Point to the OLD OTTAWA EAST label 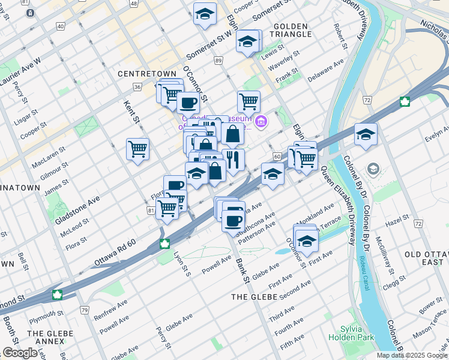(x=425, y=259)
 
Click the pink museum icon (x=261, y=123)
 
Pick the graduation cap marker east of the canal (x=365, y=135)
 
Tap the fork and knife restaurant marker (x=233, y=160)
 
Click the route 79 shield (x=85, y=310)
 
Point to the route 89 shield (x=218, y=61)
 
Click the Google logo (x=20, y=353)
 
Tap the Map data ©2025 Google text (x=411, y=355)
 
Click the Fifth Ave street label (x=292, y=343)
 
